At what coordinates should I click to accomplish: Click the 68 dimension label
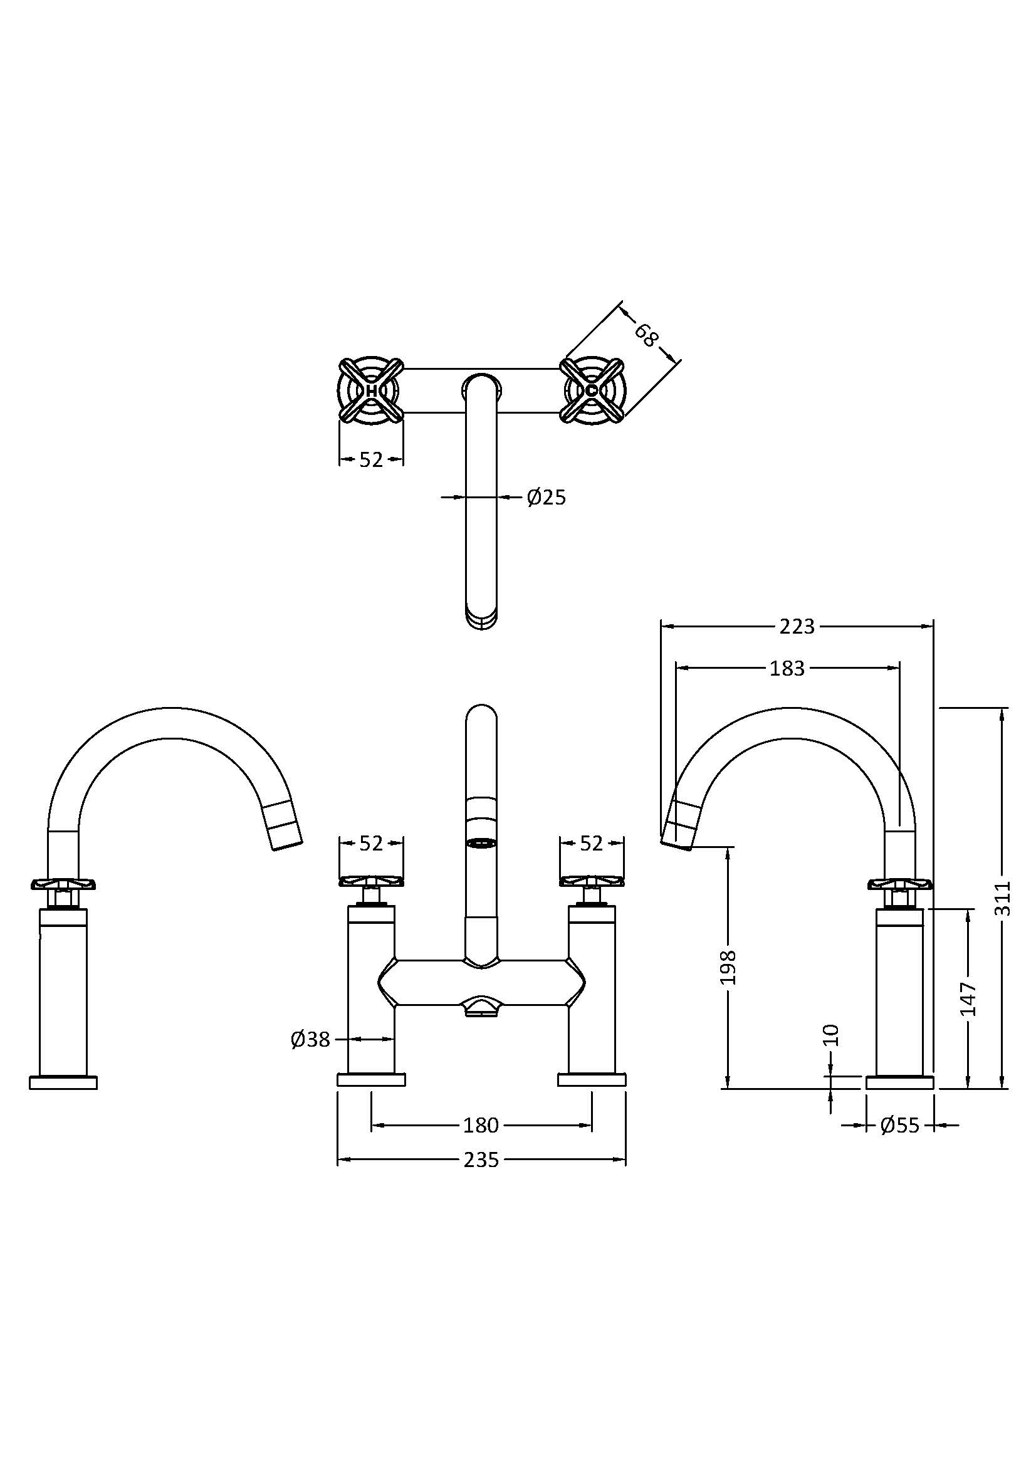[646, 335]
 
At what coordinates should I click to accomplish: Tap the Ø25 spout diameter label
[547, 498]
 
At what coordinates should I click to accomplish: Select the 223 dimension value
[797, 626]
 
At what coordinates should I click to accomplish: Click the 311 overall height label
[1004, 898]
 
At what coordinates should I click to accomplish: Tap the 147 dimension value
[968, 998]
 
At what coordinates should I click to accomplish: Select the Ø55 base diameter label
[899, 1125]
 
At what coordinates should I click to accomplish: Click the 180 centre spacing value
[481, 1125]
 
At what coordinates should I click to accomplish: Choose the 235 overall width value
[481, 1160]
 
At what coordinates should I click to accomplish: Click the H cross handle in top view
[371, 389]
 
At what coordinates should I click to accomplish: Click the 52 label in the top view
[371, 459]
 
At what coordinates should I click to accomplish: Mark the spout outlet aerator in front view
[482, 844]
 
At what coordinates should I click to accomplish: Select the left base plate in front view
[371, 1080]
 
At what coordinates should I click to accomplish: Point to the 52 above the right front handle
[592, 844]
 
